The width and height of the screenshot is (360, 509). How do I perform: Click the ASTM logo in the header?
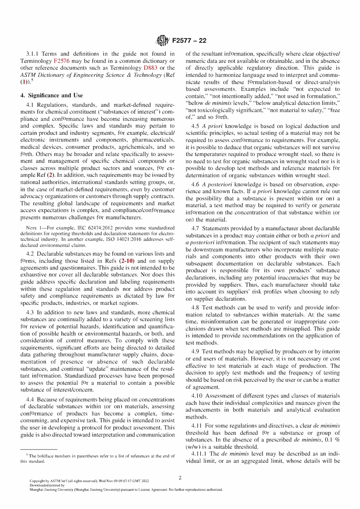[163, 41]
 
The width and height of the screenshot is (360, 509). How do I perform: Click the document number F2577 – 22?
[189, 41]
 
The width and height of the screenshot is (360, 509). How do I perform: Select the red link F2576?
[61, 61]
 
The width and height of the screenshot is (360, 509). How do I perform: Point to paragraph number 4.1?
[31, 105]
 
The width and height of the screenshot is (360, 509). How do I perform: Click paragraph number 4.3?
[31, 313]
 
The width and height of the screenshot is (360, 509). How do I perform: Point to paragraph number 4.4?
[31, 400]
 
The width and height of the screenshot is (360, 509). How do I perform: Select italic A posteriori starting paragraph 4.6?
[218, 184]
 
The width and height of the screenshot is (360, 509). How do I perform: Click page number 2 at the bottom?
[180, 478]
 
